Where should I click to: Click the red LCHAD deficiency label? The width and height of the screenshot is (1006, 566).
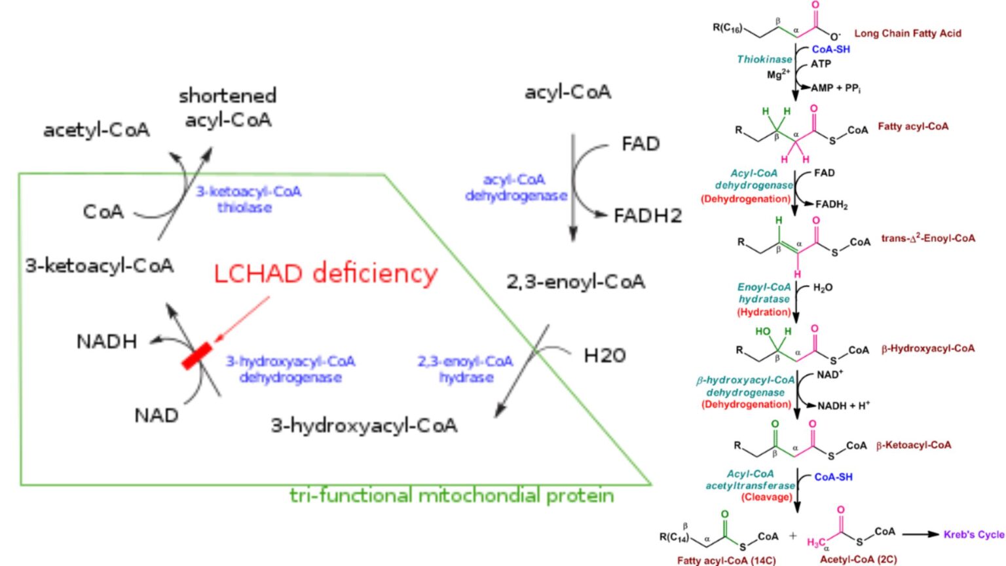coord(326,273)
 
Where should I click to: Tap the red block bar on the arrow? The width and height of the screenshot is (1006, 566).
coord(196,356)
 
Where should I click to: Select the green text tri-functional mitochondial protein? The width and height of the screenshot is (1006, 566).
coord(451,495)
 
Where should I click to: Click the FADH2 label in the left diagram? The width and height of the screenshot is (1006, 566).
coord(647,216)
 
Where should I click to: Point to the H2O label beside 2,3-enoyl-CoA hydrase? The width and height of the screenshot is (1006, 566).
coord(605,356)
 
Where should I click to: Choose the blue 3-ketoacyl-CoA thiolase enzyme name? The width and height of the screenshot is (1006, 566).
coord(248,199)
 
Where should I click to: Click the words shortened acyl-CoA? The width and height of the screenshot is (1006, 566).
coord(227,108)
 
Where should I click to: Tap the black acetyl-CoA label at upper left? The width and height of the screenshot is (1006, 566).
coord(96,130)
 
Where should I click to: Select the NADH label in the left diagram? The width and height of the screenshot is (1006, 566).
coord(107,341)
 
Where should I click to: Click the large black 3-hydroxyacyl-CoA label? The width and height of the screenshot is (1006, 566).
coord(364,426)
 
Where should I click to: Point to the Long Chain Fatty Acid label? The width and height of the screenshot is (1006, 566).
coord(908,33)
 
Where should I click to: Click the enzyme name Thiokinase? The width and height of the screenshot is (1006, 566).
coord(764,60)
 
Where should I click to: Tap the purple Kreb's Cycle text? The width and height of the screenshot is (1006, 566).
coord(973,535)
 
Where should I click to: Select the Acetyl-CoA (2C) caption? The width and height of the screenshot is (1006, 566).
coord(858,559)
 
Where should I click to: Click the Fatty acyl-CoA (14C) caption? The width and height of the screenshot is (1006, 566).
coord(726,560)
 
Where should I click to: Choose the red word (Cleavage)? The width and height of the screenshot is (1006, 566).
coord(766,497)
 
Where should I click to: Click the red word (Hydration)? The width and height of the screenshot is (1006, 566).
coord(764,312)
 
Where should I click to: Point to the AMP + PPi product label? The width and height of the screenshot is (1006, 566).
coord(836,88)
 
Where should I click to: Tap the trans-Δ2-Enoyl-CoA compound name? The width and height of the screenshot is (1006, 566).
coord(927,238)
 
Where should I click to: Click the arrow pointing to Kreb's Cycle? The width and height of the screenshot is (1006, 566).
coord(920,535)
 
